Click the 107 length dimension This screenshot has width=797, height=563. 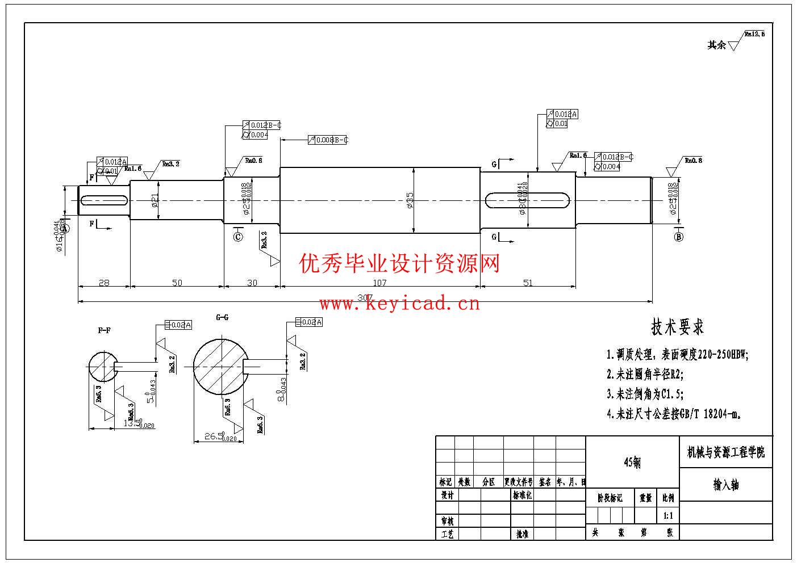pos(379,282)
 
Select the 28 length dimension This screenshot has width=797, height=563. pos(103,282)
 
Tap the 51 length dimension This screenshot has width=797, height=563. pos(528,282)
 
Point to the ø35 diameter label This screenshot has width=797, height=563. pos(410,199)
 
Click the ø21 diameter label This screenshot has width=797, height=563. pos(155,200)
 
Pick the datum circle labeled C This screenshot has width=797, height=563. pos(238,236)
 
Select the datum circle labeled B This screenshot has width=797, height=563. pos(678,237)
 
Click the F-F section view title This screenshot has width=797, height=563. pos(104,330)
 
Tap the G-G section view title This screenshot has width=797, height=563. pos(222,317)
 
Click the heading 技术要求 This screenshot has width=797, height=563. pos(677,327)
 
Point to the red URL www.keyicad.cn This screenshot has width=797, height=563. pos(399,304)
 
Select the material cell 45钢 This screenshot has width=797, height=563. pos(632,462)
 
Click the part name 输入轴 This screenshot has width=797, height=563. pos(726,485)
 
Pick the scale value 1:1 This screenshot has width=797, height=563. pos(668,516)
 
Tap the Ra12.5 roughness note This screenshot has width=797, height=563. pos(755,34)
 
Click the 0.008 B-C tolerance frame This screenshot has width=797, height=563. pos(328,140)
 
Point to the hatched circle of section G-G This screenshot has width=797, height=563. pos(219,366)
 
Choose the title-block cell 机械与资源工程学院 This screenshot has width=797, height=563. pos(726,452)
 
